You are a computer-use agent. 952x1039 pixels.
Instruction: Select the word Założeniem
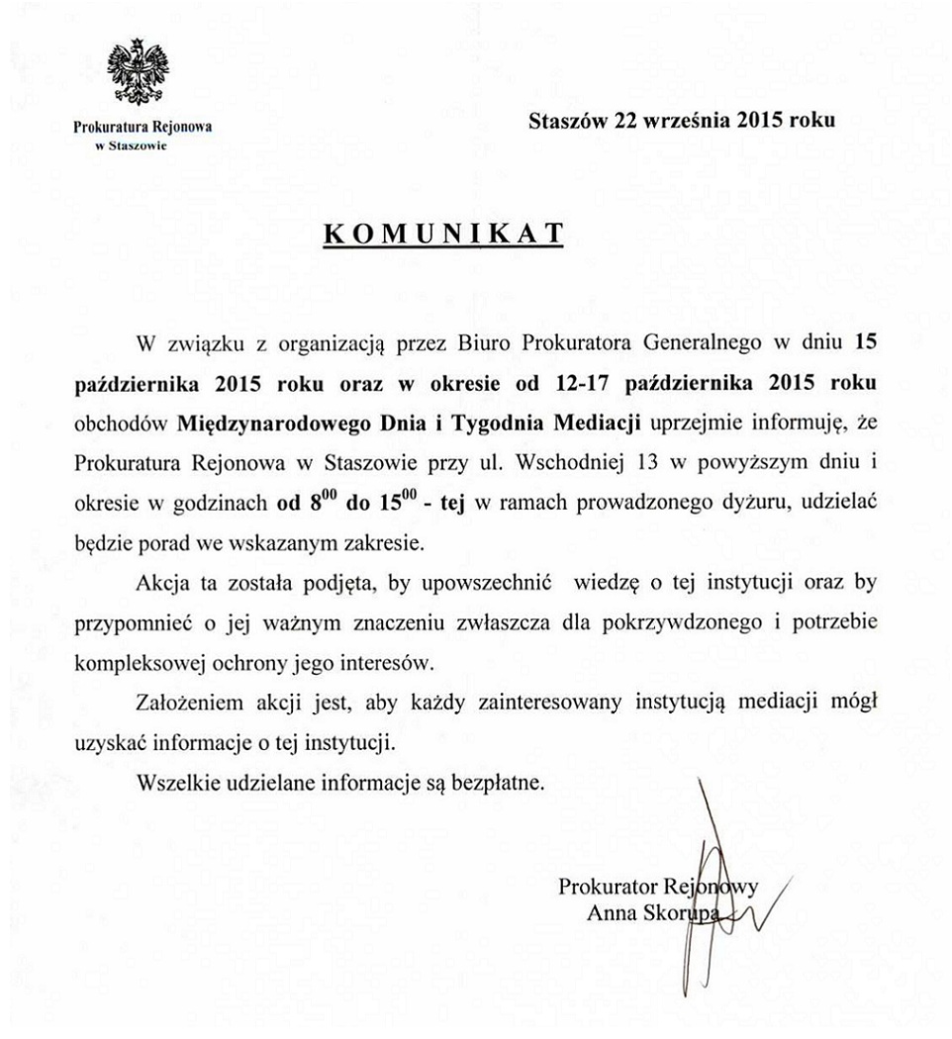point(184,702)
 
